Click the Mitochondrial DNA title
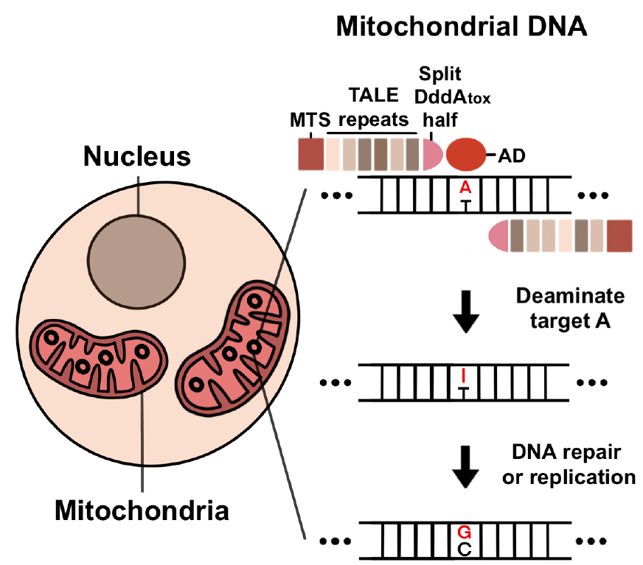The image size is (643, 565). click(x=461, y=27)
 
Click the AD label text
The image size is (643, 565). click(x=510, y=155)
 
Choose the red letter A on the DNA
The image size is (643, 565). click(x=465, y=188)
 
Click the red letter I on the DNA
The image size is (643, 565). click(x=463, y=376)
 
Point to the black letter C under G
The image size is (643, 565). click(x=464, y=548)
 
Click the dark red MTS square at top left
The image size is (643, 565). click(x=310, y=155)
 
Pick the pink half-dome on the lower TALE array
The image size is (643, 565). click(x=499, y=236)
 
